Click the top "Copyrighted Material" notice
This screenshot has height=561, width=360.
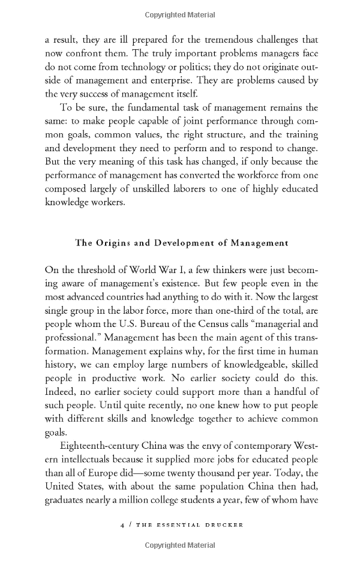point(180,13)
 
